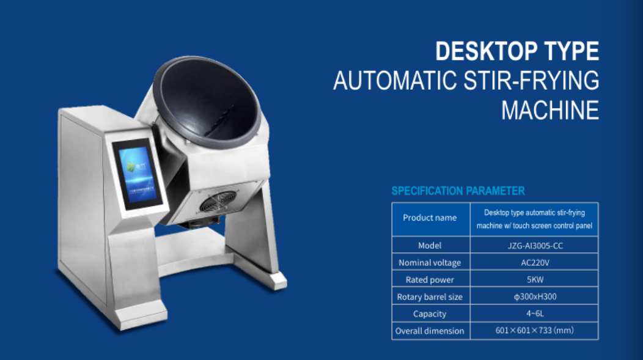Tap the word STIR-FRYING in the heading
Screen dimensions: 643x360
coord(532,80)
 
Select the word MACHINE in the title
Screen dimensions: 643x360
coord(550,110)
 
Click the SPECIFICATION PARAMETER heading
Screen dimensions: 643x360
coord(458,191)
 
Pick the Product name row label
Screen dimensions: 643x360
coord(430,218)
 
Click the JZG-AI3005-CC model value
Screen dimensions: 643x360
coord(535,246)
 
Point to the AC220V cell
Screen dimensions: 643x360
coord(535,262)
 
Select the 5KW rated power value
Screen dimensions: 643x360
coord(535,280)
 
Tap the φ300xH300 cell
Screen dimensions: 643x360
coord(535,296)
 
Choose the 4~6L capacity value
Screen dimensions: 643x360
coord(535,314)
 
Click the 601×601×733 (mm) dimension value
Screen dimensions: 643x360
coord(534,331)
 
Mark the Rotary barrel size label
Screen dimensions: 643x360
coord(430,297)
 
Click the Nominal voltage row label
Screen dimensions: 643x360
coord(430,263)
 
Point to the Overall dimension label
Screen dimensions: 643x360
coord(430,331)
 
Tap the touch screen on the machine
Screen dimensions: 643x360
coord(138,174)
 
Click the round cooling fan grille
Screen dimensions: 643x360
coord(218,202)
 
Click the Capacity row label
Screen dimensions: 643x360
coord(430,314)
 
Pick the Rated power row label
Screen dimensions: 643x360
coord(430,280)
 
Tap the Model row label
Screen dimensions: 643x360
coord(430,246)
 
